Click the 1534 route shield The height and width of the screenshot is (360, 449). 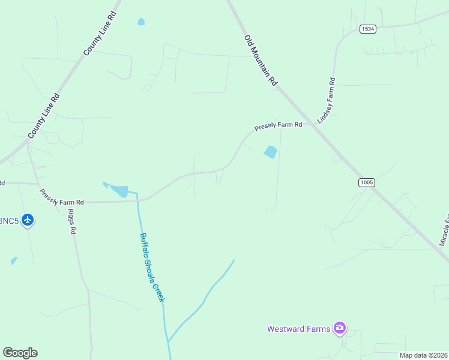pos(368,29)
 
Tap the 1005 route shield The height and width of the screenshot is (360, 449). pos(366,182)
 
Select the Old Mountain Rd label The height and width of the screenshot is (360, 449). pos(260,60)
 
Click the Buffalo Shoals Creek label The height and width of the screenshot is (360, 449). pos(152,267)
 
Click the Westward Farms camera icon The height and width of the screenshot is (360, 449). pos(340,328)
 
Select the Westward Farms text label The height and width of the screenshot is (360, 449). pos(298,329)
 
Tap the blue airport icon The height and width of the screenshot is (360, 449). pos(28,220)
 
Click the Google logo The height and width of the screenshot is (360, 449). pos(20,353)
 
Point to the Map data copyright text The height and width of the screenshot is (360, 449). pos(424,355)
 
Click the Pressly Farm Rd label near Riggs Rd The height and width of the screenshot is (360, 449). pos(62,199)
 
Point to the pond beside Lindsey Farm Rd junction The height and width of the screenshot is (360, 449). pos(271,152)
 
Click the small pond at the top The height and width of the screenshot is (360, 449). pos(141,22)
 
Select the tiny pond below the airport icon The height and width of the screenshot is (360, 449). pos(14,261)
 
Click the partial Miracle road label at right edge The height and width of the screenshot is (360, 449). pos(444,232)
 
